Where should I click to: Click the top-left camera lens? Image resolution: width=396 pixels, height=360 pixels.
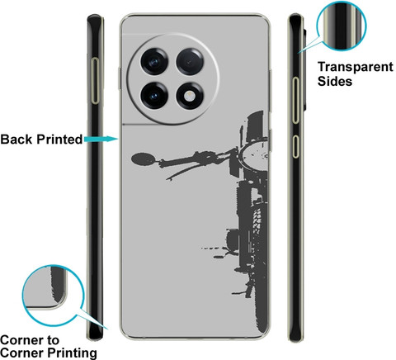tap(154, 61)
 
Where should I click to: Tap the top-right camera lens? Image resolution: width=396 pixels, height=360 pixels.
tap(190, 62)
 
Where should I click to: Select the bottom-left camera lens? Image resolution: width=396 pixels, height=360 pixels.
tap(154, 96)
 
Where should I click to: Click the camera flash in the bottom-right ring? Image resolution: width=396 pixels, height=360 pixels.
tap(189, 97)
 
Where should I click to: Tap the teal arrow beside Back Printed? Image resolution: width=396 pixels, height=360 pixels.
tap(101, 139)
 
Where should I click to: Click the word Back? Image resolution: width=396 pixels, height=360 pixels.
tap(16, 139)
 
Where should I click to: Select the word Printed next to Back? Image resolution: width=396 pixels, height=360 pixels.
tap(59, 139)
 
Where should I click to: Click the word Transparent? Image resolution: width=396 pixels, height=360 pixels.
tap(356, 67)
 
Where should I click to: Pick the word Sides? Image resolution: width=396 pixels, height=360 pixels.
tap(335, 81)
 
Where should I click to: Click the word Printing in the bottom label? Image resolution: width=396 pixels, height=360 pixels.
tap(72, 353)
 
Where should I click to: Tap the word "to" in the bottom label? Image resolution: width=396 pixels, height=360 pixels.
tap(53, 340)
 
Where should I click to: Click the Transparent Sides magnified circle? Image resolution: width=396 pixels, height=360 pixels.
tap(342, 26)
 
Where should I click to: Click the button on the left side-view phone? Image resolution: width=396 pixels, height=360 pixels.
tap(96, 81)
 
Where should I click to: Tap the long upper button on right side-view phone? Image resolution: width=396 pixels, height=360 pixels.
tap(295, 100)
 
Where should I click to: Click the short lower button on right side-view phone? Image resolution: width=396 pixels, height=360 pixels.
tap(295, 146)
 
